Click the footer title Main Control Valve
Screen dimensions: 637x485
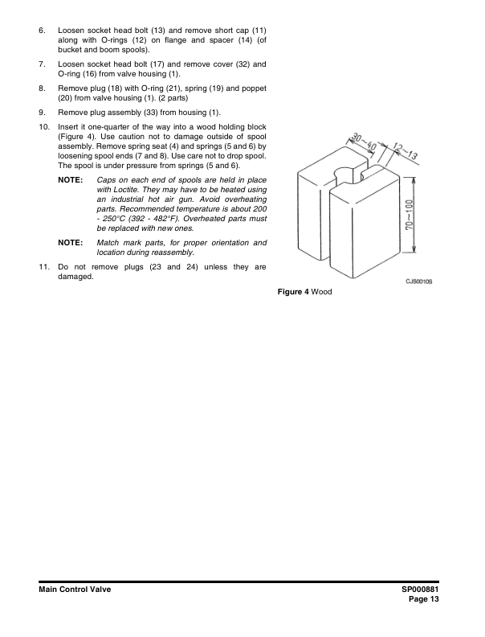74,590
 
